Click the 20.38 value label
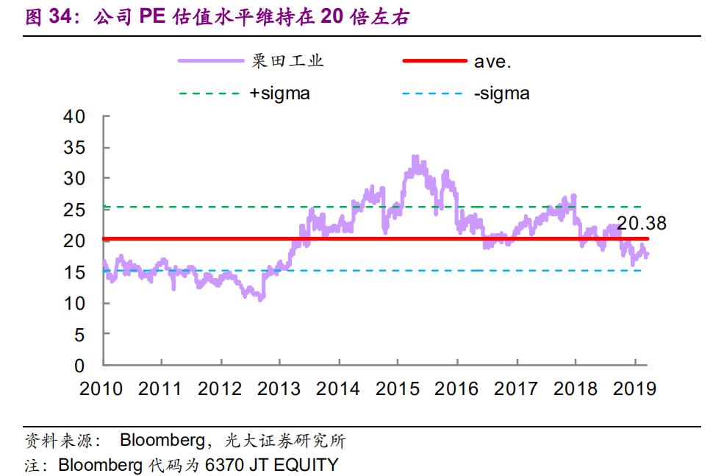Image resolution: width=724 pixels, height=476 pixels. tap(642, 223)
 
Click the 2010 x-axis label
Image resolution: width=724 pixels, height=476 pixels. tap(101, 388)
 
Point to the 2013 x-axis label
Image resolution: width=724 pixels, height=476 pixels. tap(279, 388)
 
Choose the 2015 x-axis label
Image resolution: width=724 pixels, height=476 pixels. tap(397, 388)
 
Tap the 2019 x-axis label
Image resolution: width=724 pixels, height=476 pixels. tap(634, 388)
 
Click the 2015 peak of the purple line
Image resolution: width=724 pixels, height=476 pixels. tap(415, 157)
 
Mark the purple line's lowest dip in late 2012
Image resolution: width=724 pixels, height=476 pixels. tap(261, 299)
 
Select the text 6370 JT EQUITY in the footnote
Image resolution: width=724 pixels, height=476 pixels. tap(273, 465)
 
